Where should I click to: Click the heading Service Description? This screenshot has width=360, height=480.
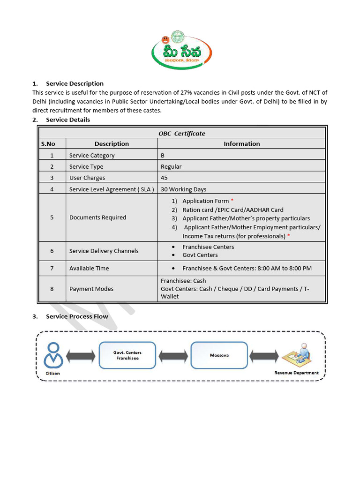click(75, 83)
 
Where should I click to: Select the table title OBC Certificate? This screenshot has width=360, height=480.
click(182, 133)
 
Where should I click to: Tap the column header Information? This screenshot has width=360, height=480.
click(241, 143)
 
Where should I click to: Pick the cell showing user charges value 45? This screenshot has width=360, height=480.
click(164, 178)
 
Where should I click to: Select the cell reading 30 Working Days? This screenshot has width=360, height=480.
click(183, 189)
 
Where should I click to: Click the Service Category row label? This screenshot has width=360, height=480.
click(92, 155)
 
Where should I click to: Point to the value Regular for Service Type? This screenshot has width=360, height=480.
click(171, 166)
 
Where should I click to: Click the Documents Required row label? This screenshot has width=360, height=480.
click(97, 217)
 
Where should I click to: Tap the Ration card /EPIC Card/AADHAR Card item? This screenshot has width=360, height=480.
click(232, 210)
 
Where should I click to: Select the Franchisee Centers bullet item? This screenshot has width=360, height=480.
click(208, 247)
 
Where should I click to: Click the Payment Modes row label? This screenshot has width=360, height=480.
click(91, 289)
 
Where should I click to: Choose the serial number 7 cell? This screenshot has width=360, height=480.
click(52, 268)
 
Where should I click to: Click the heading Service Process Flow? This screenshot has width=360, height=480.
click(77, 316)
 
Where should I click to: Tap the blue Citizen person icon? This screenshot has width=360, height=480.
click(53, 355)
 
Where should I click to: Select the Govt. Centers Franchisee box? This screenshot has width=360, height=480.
click(127, 355)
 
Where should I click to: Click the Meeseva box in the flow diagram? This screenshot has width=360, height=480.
click(219, 355)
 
